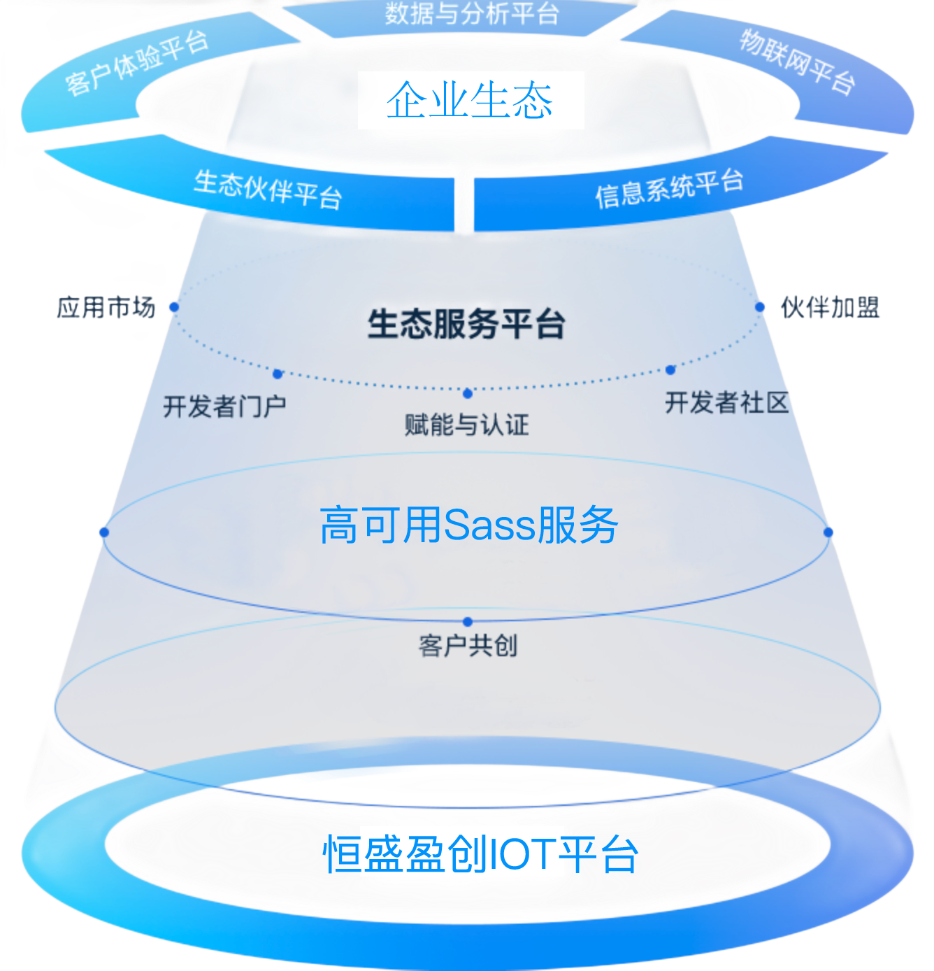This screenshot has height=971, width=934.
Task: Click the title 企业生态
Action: [470, 100]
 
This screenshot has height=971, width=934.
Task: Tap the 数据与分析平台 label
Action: [472, 13]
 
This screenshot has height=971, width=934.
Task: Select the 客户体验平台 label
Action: [137, 63]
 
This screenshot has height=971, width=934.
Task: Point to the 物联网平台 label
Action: [798, 62]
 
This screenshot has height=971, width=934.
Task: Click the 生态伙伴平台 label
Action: [268, 189]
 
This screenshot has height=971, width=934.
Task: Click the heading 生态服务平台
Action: [466, 324]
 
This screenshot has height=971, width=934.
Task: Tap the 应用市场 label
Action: [106, 306]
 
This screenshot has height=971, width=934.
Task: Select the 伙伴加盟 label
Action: [830, 306]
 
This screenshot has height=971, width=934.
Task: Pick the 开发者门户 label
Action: [224, 406]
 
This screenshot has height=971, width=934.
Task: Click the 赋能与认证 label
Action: [466, 424]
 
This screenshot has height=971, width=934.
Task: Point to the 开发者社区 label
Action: [726, 402]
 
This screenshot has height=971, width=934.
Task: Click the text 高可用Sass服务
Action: [468, 525]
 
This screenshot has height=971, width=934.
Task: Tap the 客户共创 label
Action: [468, 645]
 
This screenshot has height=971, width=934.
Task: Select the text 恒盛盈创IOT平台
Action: [480, 853]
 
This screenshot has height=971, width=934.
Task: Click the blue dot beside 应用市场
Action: [174, 306]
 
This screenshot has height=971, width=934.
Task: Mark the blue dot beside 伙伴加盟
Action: [761, 306]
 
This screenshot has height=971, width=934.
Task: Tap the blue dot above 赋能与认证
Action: [468, 393]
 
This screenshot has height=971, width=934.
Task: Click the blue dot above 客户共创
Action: [468, 621]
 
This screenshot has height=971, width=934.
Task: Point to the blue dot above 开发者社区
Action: [670, 369]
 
